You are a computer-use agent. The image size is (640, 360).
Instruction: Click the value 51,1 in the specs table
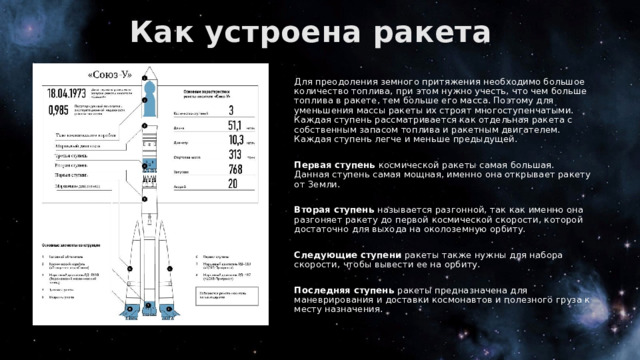tap(239, 128)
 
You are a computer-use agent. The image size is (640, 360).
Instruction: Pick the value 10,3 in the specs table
tap(239, 146)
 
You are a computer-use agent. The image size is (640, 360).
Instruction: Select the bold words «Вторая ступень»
tap(322, 209)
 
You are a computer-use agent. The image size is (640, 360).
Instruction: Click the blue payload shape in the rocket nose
tap(146, 99)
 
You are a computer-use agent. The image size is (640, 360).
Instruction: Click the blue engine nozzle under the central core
tap(146, 306)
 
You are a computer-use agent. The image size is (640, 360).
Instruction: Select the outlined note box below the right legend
tap(221, 294)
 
